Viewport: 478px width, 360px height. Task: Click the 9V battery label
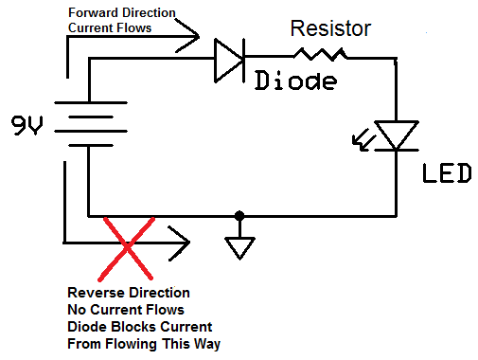tap(26, 125)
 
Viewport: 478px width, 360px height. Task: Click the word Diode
tap(296, 81)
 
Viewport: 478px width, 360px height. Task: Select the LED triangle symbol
tap(394, 135)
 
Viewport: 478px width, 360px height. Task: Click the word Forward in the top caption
tap(96, 12)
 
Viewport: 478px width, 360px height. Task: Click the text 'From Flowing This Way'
tap(143, 344)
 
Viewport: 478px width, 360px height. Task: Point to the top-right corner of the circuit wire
tap(394, 60)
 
